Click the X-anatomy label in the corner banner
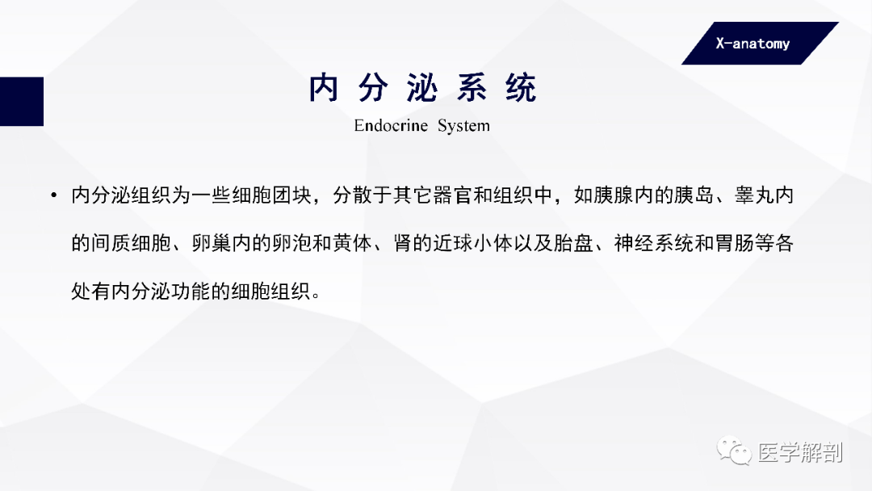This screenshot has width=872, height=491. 753,44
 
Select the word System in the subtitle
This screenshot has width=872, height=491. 463,126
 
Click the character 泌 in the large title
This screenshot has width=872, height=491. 421,89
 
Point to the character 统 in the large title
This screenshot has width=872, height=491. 521,89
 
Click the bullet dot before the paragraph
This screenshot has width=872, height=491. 53,196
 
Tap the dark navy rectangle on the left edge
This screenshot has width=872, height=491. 21,101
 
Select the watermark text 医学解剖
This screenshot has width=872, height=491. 800,452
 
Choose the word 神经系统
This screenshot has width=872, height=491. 653,244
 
